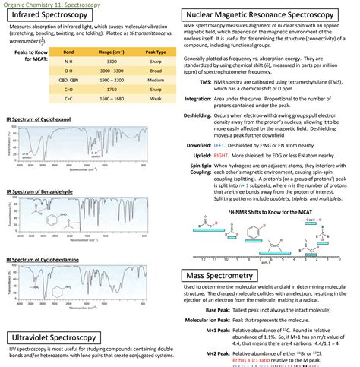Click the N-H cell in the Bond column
tap(69, 61)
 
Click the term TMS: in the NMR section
tap(206, 81)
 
